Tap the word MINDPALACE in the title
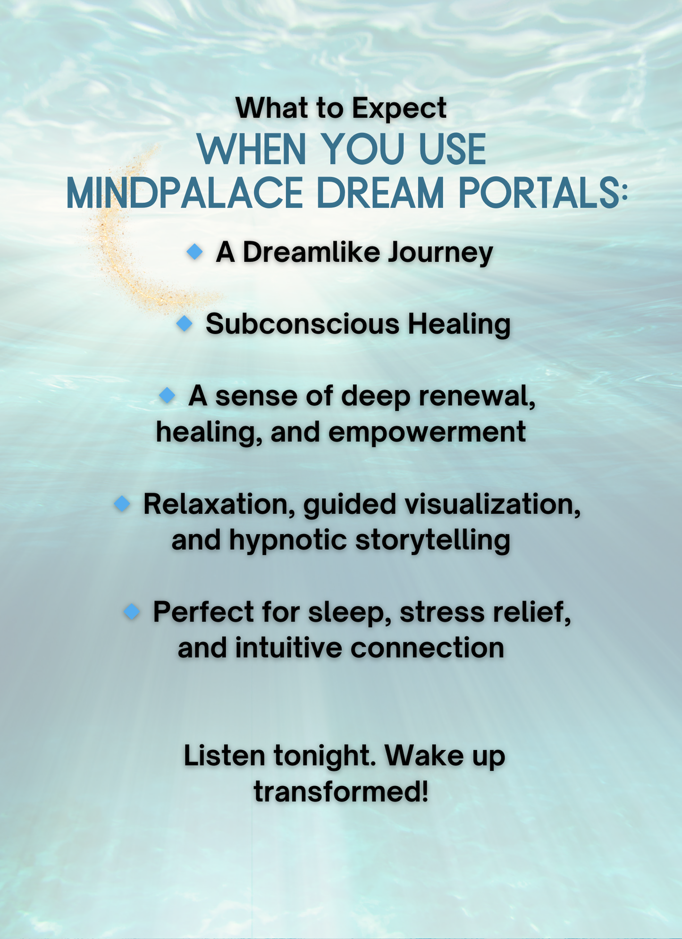point(184,193)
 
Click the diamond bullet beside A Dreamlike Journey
point(194,252)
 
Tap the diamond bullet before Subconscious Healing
point(184,324)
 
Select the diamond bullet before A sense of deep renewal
point(167,395)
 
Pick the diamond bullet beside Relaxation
point(122,504)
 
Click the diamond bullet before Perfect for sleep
point(132,612)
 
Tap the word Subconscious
point(303,324)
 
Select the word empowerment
point(427,432)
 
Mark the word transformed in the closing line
point(341,792)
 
